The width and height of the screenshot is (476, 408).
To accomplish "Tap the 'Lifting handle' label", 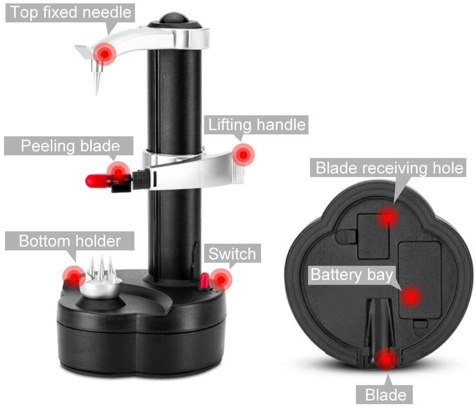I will [x=256, y=124].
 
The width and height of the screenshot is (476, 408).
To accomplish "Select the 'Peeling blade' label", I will [x=69, y=146].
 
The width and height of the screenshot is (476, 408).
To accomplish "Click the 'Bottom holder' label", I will [x=70, y=241].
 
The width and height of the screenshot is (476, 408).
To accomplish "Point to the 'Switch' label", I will [x=232, y=254].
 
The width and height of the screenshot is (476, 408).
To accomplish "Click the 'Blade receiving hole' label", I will [x=390, y=168].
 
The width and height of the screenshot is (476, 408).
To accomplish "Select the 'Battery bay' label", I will [x=352, y=275].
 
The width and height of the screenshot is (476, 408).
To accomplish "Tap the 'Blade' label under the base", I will [x=385, y=395].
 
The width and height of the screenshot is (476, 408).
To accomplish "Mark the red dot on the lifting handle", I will [x=243, y=155].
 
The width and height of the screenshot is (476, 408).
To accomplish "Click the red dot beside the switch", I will [x=220, y=280].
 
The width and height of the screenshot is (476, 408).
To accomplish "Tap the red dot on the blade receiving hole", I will [x=387, y=217].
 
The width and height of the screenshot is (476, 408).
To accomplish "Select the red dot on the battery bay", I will [x=411, y=297].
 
